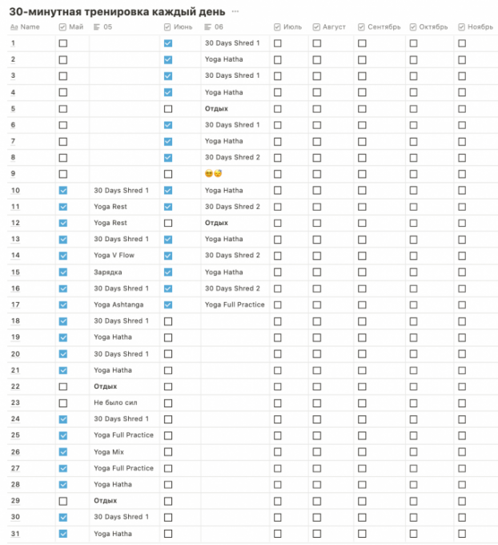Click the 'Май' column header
click(76, 27)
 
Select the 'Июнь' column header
click(182, 27)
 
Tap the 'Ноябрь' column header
click(480, 27)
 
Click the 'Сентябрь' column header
click(384, 27)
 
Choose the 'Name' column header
click(30, 27)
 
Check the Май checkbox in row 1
click(63, 43)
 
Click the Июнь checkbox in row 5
click(168, 108)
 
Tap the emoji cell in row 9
click(213, 174)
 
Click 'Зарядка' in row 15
click(108, 272)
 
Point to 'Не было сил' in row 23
click(115, 402)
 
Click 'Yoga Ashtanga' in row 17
click(119, 305)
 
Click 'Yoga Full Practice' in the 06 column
click(235, 305)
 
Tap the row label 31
click(15, 533)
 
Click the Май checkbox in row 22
click(63, 386)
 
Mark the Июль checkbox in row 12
click(278, 223)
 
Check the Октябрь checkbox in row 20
click(413, 353)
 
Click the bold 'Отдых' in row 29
click(105, 501)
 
